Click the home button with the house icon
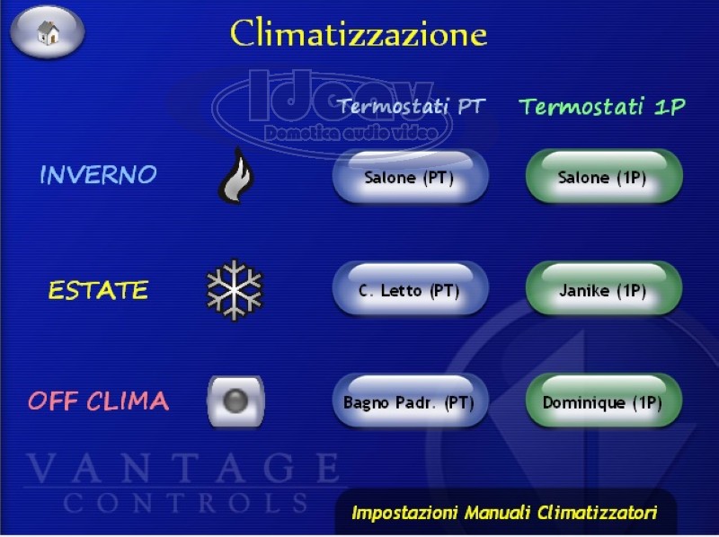[x=48, y=32]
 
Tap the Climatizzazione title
[x=358, y=33]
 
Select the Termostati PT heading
[x=412, y=106]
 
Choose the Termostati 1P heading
[x=602, y=106]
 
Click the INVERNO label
[x=99, y=174]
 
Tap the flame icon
[x=236, y=175]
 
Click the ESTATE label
[x=98, y=290]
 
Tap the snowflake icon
[x=235, y=290]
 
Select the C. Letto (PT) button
[x=411, y=289]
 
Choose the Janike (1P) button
[x=604, y=289]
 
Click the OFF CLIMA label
[x=99, y=401]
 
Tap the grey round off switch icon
[x=235, y=401]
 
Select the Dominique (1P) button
[x=604, y=401]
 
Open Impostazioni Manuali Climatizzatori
[x=504, y=512]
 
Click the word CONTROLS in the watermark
[x=186, y=503]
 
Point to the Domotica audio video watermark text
[x=351, y=133]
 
